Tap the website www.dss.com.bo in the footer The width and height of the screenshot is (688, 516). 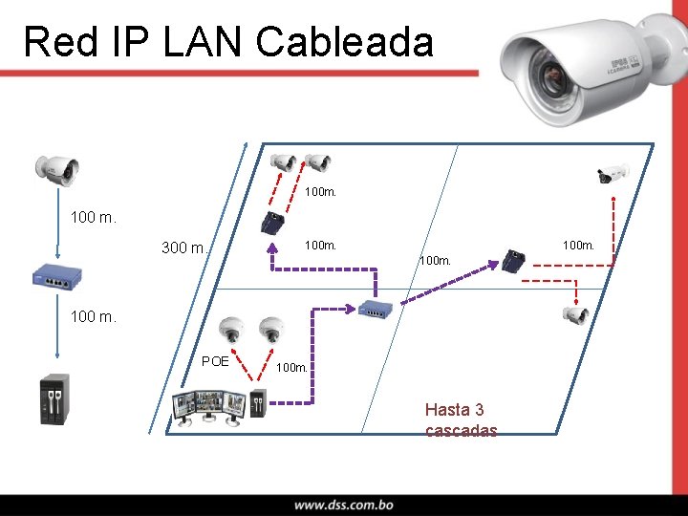pos(343,505)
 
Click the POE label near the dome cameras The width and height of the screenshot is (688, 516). pos(215,361)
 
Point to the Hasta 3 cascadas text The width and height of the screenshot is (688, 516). pos(461,420)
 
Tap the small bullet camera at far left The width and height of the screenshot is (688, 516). pos(56,168)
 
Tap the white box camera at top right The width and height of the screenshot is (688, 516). pos(611,174)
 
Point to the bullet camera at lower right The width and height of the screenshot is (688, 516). pos(575,315)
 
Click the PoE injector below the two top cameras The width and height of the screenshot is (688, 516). pos(273,224)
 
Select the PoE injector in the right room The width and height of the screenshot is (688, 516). pos(514,259)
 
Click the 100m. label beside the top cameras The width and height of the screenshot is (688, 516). pos(320,193)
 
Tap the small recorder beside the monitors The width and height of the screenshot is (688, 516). pos(257,404)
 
